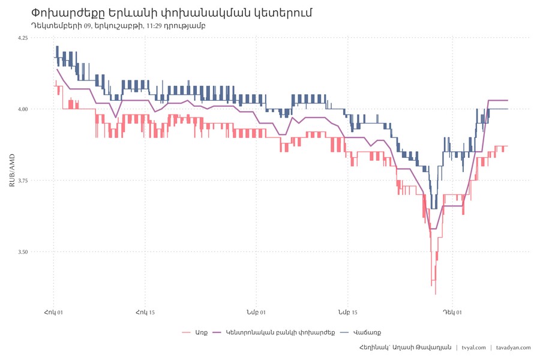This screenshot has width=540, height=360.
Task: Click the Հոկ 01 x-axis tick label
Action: point(54,313)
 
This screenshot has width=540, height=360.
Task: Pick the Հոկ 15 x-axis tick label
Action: point(145,313)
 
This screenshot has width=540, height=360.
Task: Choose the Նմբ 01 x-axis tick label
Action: point(256,313)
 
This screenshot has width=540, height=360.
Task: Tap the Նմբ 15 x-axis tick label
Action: point(347,313)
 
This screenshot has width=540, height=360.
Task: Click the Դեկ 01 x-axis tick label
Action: point(452,313)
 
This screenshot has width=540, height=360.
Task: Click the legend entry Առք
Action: point(201,332)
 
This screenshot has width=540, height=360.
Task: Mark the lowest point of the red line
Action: point(436,294)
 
